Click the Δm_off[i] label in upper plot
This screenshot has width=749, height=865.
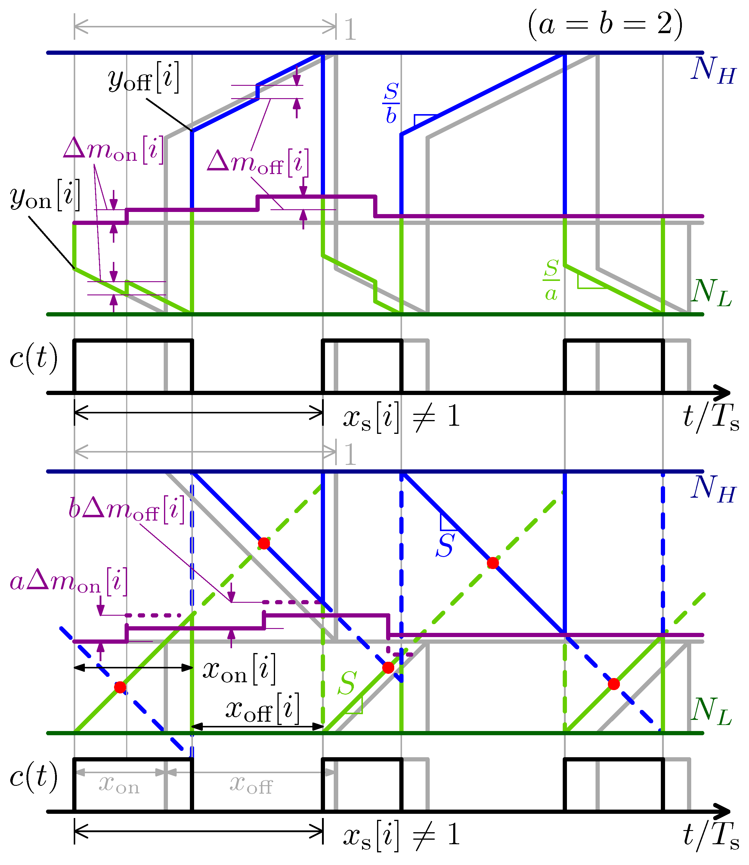258,163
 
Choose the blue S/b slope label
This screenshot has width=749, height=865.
391,103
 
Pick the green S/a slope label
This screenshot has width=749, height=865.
551,280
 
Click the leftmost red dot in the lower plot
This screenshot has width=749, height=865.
120,687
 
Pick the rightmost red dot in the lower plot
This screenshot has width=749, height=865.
614,684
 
